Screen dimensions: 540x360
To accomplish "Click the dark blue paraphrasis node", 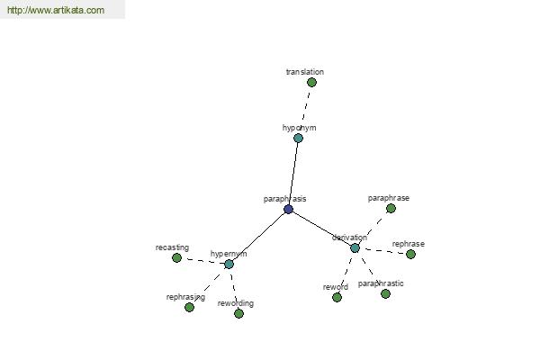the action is pos(288,209).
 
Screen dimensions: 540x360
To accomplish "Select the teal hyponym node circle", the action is pos(298,138).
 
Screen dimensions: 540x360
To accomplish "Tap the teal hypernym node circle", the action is pos(229,265).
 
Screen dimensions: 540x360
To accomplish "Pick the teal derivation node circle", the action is pos(355,247).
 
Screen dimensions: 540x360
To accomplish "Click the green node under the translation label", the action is pos(311,82).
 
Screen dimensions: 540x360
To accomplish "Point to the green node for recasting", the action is pos(176,257).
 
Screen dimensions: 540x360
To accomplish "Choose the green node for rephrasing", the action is pos(189,307).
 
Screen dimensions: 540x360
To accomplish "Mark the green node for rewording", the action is pos(238,313).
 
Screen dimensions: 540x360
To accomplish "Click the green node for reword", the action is pos(337,297).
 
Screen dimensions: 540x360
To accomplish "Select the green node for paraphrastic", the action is pos(385,294).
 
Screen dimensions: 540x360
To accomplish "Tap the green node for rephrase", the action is pos(410,254).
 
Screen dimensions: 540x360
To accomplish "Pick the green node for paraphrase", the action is pos(391,209).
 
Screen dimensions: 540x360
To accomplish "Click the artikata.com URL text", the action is pos(56,10).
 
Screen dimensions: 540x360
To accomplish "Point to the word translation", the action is pos(305,72).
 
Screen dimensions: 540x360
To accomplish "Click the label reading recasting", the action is pos(172,247).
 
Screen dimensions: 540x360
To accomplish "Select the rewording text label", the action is pos(236,303).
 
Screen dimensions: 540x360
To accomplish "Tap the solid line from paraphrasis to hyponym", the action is pos(293,174).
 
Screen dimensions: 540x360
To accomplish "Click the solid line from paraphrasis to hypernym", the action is pos(258,237).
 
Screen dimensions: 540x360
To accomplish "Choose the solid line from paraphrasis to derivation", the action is pos(321,229).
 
